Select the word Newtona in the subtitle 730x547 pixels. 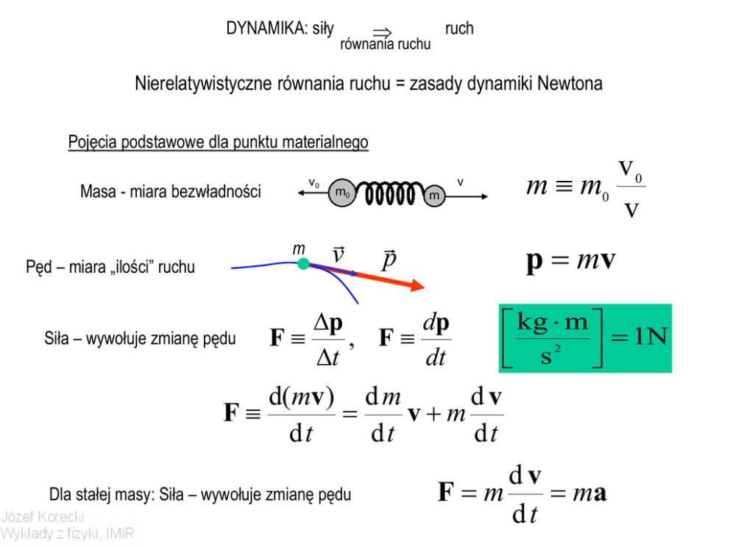coord(570,84)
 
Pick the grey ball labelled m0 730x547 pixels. coord(341,193)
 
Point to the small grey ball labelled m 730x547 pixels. coord(434,195)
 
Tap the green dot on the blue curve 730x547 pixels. coord(303,263)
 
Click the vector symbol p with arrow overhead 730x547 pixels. coord(389,259)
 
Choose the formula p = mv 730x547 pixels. coord(571,261)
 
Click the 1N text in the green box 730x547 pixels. coord(648,337)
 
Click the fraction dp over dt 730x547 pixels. coord(436,339)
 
